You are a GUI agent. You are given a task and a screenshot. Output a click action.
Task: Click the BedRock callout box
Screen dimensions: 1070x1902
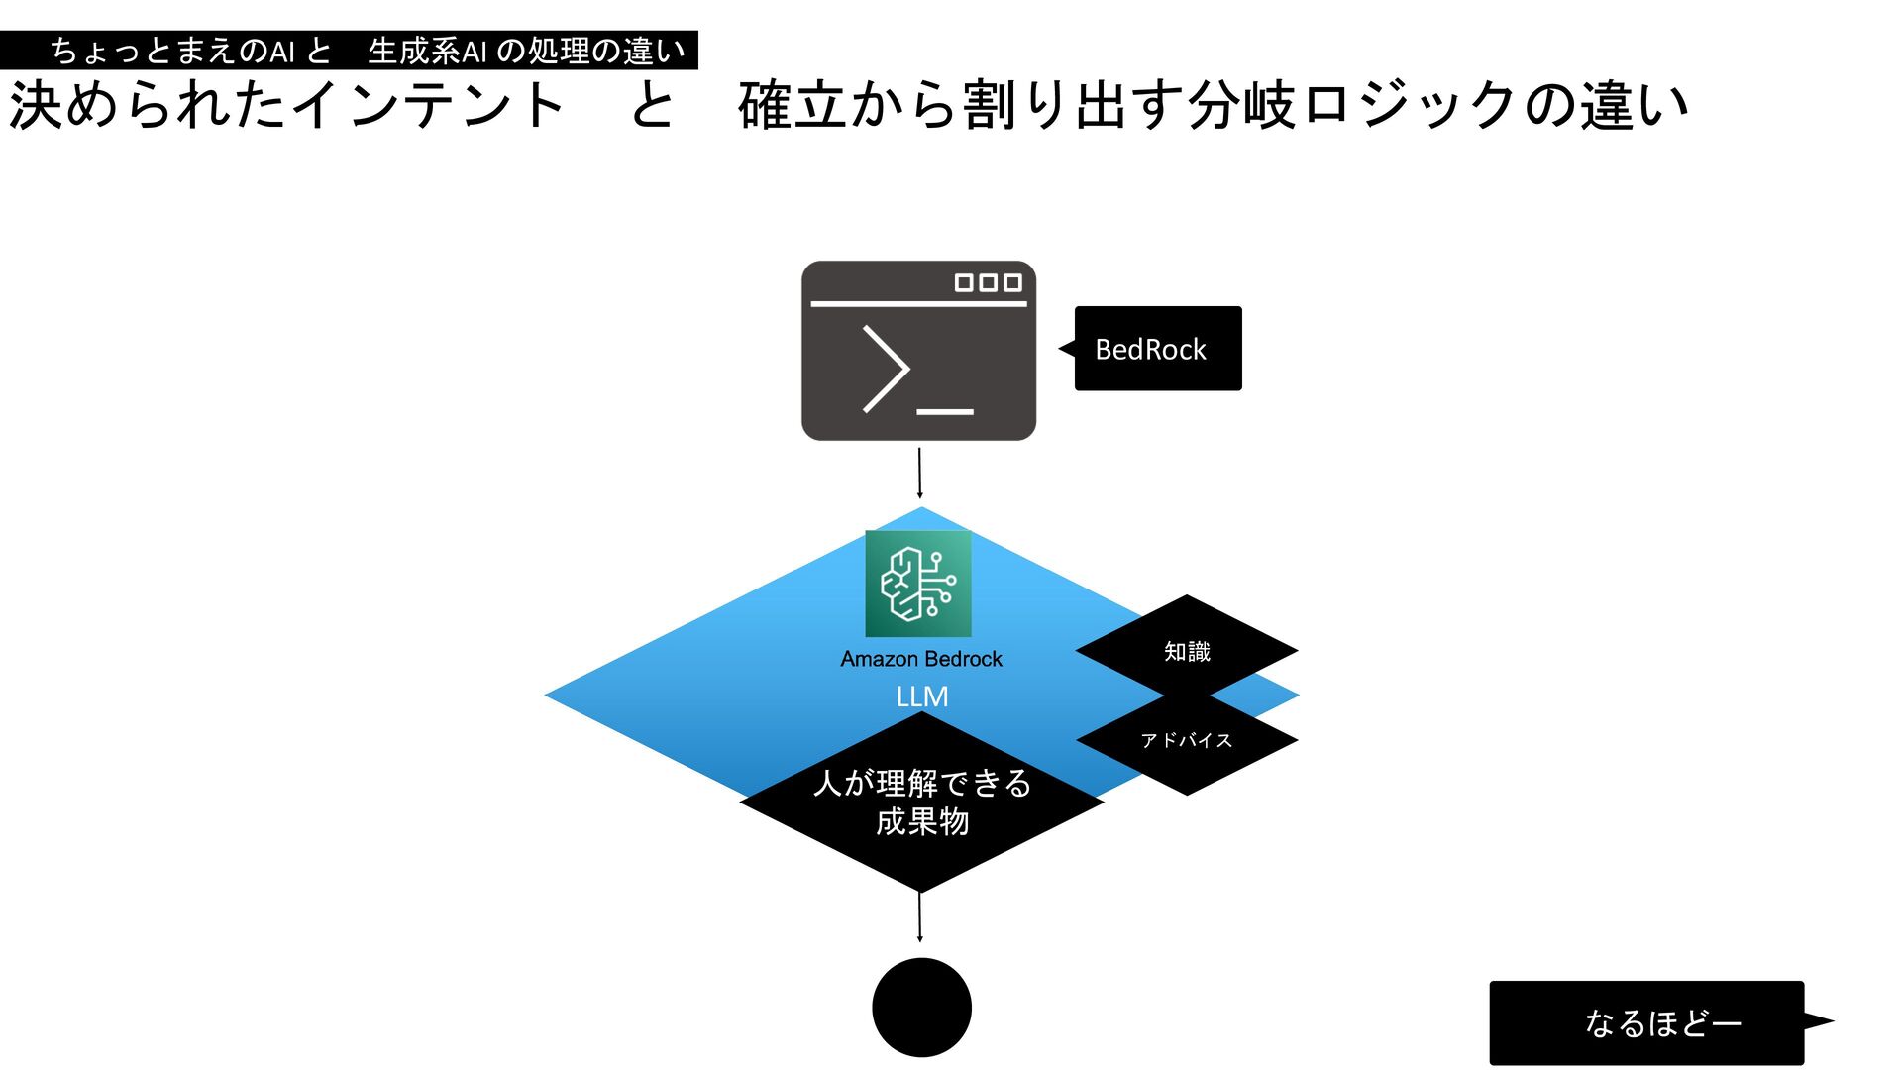click(1157, 349)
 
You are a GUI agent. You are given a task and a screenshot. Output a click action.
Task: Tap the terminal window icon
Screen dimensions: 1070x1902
click(918, 351)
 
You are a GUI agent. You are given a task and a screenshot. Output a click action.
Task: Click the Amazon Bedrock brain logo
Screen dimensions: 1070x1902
click(918, 584)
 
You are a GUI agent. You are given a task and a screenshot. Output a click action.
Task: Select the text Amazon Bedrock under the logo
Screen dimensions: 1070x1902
click(921, 659)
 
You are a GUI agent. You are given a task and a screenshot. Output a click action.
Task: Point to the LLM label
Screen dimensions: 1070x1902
click(921, 696)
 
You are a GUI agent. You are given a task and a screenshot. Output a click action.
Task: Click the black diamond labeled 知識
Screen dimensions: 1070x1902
click(1187, 651)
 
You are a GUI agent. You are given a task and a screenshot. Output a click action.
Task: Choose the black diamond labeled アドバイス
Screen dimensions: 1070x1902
click(1187, 741)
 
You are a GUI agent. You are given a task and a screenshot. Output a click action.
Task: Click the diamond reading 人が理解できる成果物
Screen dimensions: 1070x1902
click(921, 802)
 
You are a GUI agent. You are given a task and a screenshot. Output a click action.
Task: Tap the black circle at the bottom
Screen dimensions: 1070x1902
click(921, 1007)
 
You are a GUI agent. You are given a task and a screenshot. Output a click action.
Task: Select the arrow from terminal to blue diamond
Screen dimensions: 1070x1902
click(919, 473)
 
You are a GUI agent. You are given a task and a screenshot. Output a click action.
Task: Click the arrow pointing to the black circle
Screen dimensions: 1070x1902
click(919, 916)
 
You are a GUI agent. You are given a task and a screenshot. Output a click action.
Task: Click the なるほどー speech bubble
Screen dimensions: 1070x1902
click(1647, 1022)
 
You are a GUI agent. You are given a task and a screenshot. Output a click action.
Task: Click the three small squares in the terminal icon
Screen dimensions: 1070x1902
click(988, 283)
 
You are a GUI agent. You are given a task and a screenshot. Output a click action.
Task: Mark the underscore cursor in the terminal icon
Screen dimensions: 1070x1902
click(945, 411)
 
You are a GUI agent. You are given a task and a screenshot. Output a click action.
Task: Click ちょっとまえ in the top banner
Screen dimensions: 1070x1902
click(145, 51)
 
